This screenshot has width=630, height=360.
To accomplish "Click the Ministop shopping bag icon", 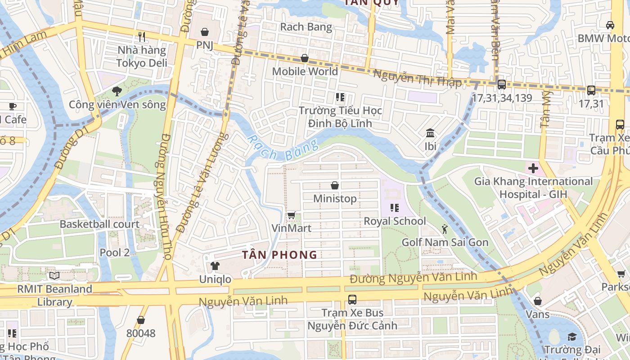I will click(335, 185).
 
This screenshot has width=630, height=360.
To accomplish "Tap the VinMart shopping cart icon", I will click(291, 215).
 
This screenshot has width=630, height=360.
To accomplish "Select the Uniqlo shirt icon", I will click(215, 266).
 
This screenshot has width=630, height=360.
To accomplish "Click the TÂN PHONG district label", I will click(279, 255).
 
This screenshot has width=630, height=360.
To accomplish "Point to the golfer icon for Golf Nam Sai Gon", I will click(445, 229).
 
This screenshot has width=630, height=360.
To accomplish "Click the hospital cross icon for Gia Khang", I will click(533, 169).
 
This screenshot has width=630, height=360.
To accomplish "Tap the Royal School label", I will click(395, 221).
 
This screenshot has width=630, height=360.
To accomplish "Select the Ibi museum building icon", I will click(430, 133).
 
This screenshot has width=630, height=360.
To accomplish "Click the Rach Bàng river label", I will click(283, 147).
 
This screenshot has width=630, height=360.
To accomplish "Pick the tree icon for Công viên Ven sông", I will click(117, 91).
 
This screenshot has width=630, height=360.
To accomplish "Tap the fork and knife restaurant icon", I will click(142, 36).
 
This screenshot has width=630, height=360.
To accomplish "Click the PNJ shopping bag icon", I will click(205, 32).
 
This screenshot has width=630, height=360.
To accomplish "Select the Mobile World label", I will click(305, 72).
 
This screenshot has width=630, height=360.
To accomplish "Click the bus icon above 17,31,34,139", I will click(501, 85).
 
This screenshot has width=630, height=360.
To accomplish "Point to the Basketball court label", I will click(99, 224).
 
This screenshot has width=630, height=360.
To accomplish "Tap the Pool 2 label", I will click(114, 252).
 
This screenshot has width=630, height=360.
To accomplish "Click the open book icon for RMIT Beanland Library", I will click(54, 275).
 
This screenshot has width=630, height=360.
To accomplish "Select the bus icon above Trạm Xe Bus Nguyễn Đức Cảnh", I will click(352, 299).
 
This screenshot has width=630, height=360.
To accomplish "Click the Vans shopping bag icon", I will click(538, 301).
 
